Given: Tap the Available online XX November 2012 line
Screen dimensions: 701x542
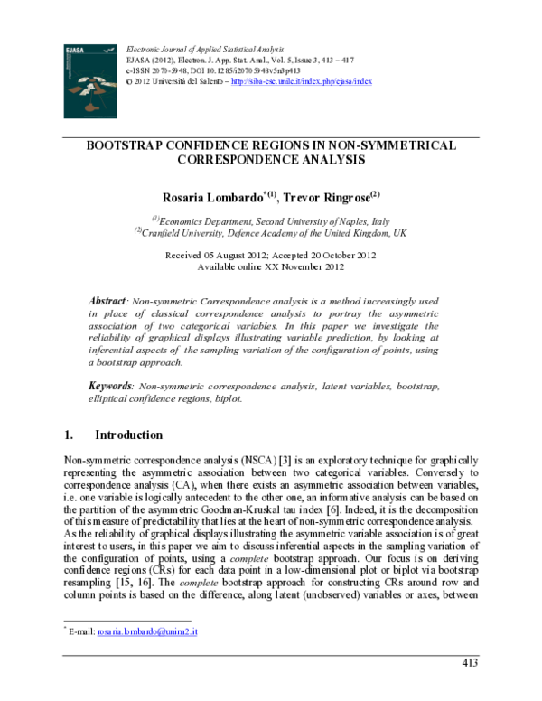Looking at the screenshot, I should tap(270, 267).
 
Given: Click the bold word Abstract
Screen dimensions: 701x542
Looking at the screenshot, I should tap(107, 300).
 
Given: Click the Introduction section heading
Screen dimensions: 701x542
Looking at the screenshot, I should tap(128, 435).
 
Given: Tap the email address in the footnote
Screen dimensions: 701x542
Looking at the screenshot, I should tap(147, 631).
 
